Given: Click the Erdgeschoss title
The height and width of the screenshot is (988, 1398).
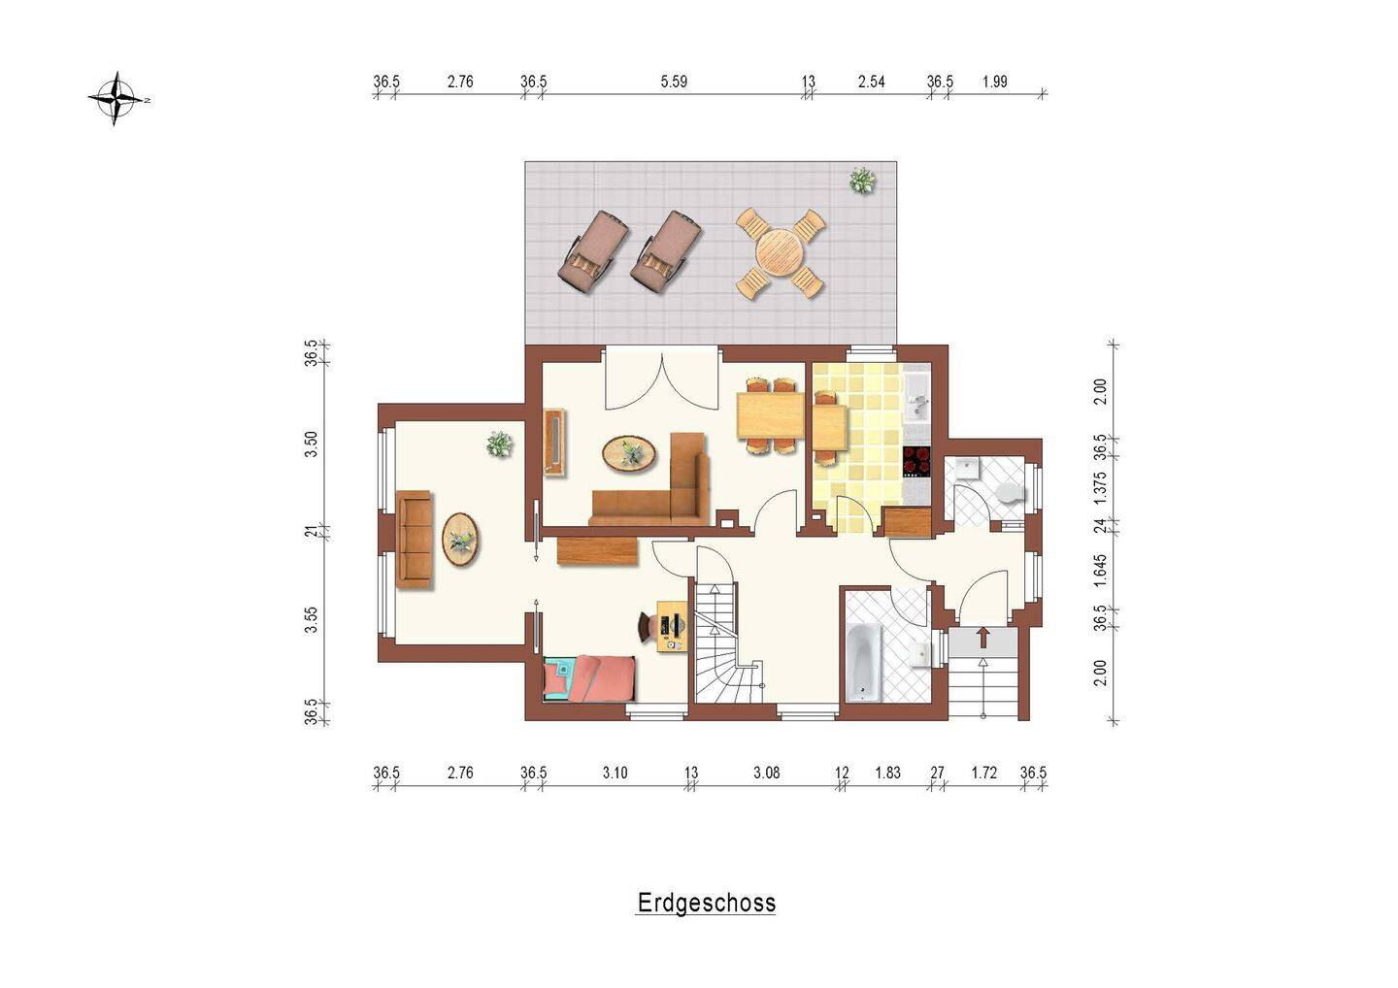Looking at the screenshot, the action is [x=707, y=904].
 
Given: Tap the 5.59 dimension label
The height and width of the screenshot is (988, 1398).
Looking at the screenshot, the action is [x=674, y=82].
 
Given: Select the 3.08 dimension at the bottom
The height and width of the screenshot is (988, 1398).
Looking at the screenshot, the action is [x=766, y=773].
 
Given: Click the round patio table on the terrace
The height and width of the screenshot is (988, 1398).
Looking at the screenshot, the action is [x=781, y=252].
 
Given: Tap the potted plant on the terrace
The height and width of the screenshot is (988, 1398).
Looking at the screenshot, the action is [x=862, y=181].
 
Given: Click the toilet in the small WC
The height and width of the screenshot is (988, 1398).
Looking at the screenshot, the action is [x=1011, y=493].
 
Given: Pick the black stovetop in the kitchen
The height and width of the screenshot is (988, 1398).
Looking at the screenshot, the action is [x=916, y=462].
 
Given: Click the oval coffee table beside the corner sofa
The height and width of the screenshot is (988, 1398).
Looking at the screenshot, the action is [x=629, y=453].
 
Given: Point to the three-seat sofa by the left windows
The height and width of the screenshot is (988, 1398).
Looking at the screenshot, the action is [x=414, y=540].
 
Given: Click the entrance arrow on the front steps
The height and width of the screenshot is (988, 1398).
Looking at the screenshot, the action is [x=983, y=637].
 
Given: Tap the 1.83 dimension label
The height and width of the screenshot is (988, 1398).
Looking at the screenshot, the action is [x=887, y=773].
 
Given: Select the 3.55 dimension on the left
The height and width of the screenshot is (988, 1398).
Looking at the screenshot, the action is [x=311, y=620].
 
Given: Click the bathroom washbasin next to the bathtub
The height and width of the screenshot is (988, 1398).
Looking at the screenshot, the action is [x=920, y=654].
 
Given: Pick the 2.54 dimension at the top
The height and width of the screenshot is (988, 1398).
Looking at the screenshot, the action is [x=871, y=82].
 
